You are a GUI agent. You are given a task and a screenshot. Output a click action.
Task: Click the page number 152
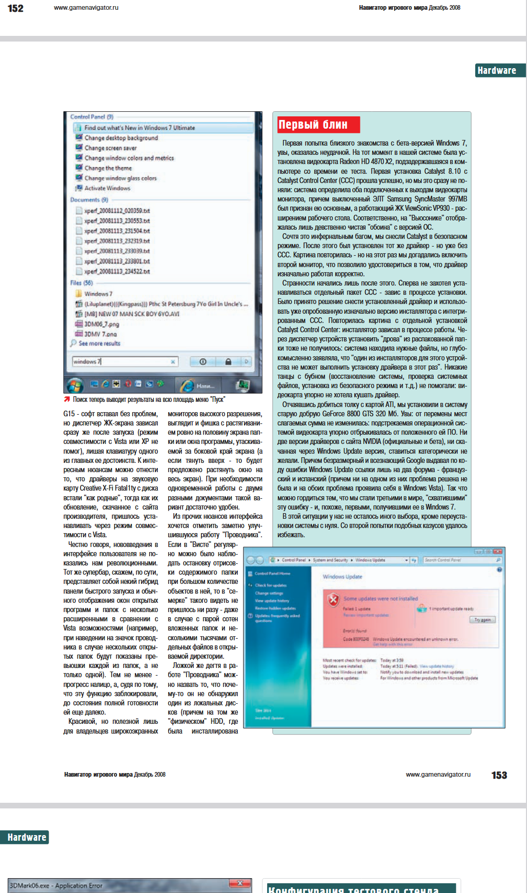tap(15, 8)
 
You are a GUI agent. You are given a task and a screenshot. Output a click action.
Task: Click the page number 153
tap(499, 775)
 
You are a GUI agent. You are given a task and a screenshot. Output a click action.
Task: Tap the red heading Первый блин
tap(313, 125)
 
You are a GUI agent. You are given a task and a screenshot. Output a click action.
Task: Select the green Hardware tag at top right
tap(497, 71)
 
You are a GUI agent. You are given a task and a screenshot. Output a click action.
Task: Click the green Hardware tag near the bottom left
tap(27, 837)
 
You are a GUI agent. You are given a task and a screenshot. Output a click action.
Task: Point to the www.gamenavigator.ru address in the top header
tap(86, 8)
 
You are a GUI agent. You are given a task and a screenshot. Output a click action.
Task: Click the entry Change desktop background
tap(121, 138)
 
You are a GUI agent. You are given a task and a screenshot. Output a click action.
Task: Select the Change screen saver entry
tap(110, 148)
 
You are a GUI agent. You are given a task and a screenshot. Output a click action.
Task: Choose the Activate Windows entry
tap(107, 188)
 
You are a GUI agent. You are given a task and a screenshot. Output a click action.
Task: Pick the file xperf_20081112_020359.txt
tap(117, 211)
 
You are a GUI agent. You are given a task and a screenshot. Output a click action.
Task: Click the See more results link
tap(99, 343)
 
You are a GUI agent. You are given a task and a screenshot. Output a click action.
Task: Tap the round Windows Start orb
tap(75, 384)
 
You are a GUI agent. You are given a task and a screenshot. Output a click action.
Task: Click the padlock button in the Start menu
tap(228, 361)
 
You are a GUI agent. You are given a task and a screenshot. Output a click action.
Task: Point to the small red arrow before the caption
tap(67, 399)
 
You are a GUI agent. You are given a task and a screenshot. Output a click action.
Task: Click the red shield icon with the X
tap(333, 599)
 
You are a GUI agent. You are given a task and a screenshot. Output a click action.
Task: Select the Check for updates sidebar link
tap(271, 585)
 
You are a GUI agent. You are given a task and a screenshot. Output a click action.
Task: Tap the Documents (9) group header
tap(89, 200)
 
